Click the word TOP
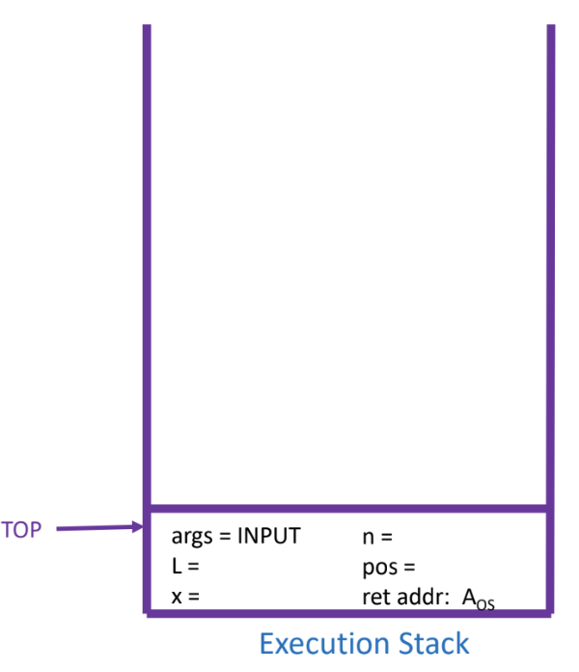(21, 529)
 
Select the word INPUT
(269, 536)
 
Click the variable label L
(176, 566)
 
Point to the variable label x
(176, 596)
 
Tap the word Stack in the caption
(429, 643)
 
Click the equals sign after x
(193, 596)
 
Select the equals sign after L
(193, 566)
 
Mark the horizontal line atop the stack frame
(347, 506)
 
